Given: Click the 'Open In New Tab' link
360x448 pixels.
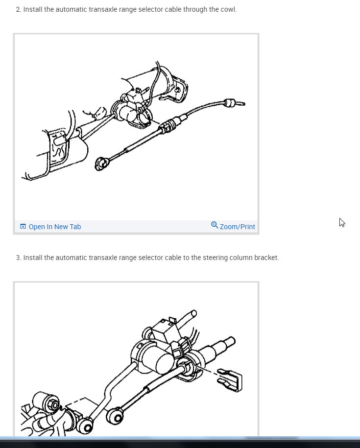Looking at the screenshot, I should [x=54, y=227].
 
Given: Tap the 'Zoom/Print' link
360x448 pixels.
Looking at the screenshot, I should [x=237, y=227].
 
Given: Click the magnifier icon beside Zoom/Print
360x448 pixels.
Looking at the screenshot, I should [x=215, y=225].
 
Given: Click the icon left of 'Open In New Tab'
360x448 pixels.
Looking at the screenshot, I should [x=23, y=227].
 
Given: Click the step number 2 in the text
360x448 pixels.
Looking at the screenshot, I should [x=18, y=9].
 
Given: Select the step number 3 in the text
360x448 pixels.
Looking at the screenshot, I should [x=18, y=258].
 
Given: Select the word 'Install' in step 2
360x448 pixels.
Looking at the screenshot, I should [x=33, y=9].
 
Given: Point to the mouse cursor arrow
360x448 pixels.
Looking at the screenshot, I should [x=341, y=222].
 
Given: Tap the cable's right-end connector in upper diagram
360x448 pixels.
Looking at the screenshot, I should [x=230, y=103].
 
